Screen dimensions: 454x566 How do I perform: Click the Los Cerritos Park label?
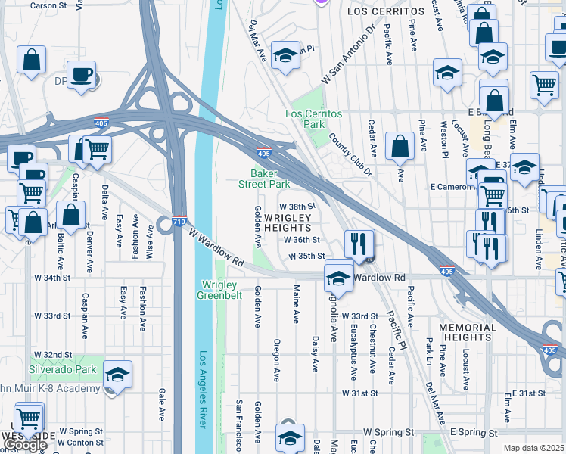pos(313,119)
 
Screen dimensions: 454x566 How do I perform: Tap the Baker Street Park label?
pos(265,179)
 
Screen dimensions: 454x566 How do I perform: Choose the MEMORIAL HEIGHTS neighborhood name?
pos(468,333)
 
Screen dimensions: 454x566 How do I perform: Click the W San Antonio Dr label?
pos(349,56)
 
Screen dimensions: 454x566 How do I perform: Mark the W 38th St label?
pos(297,206)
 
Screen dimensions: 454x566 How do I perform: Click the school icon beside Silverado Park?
pos(117,374)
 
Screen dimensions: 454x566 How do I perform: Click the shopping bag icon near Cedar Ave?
pos(399,147)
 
